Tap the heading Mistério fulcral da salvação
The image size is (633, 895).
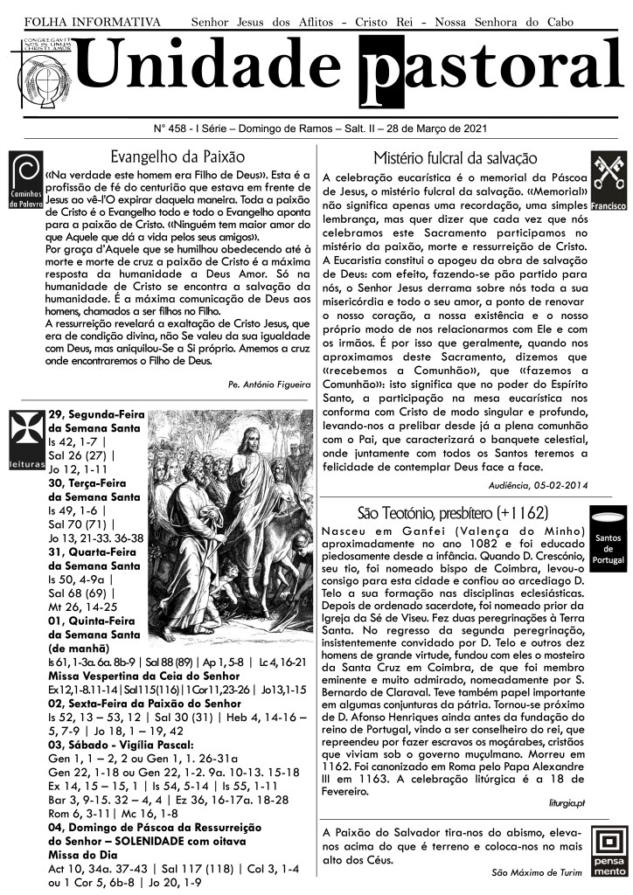click(x=455, y=158)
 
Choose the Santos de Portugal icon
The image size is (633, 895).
click(x=607, y=536)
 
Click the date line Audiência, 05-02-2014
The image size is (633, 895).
click(x=537, y=484)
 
